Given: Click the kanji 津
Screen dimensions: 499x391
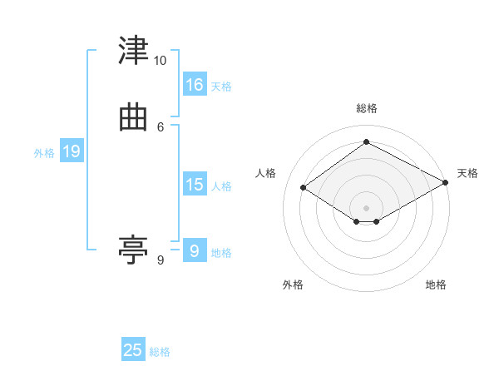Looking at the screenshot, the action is pos(133,50).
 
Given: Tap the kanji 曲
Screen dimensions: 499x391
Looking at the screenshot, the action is pos(133,118).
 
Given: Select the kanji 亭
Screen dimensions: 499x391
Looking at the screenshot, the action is pos(133,250).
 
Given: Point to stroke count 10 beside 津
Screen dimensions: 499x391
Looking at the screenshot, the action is pos(160,61).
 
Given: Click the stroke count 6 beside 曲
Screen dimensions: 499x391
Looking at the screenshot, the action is pos(161,127).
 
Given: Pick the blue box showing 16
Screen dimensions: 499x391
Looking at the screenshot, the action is pos(195,84).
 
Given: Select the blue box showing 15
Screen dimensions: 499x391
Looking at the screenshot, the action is pos(195,183).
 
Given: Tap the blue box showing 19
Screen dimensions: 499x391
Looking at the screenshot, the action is pos(72,150).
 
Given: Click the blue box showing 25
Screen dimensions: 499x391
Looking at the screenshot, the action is pos(133,349).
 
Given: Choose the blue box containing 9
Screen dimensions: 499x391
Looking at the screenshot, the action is pos(195,250).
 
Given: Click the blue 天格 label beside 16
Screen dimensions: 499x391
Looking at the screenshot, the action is pos(221,87).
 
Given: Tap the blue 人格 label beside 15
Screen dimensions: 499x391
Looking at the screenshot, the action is pos(221,186).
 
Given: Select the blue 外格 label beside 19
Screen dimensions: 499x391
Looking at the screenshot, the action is pos(44,153).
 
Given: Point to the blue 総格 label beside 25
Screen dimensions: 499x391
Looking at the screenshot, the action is pos(160,352).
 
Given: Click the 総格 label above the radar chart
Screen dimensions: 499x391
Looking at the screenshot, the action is pos(367,108).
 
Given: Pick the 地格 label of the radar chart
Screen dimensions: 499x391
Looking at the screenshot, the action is pos(436,285).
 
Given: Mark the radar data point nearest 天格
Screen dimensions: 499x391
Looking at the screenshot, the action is pos(446,182).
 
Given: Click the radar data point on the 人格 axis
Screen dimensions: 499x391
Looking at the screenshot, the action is pos(304,187).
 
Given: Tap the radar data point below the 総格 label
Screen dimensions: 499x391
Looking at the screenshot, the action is pos(366,141).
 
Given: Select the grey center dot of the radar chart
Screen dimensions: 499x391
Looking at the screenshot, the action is pos(366,208).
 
